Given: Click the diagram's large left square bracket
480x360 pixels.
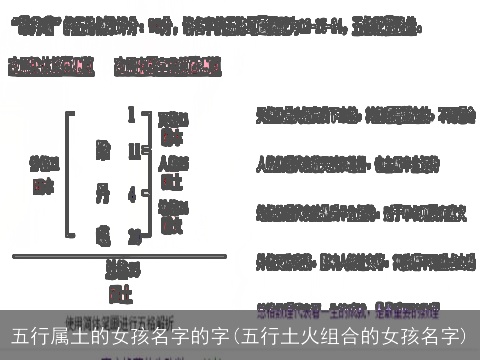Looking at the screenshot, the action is [70, 172].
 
